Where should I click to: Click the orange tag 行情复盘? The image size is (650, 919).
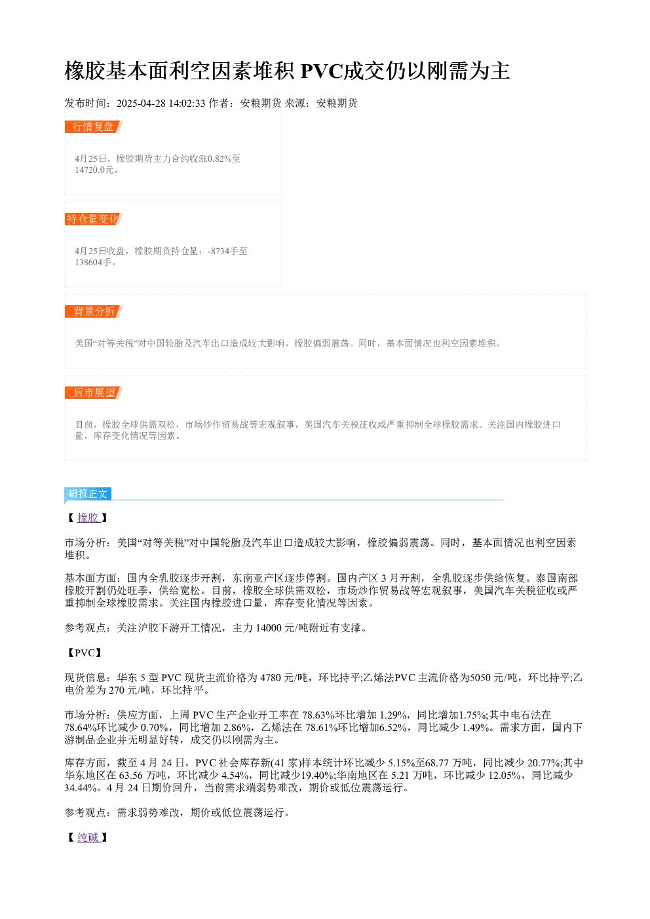point(93,126)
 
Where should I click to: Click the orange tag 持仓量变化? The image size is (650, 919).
point(93,219)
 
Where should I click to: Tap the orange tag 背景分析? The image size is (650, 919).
point(93,311)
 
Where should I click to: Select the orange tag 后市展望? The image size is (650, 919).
point(93,392)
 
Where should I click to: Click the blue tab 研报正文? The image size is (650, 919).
point(87,493)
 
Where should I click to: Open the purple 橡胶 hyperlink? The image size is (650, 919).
point(88,517)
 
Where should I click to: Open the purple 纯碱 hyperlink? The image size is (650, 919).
point(88,836)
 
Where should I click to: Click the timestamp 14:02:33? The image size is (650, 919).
point(187,103)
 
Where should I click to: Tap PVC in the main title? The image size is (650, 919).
point(321,71)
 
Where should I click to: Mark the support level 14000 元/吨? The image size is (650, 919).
point(282,628)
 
